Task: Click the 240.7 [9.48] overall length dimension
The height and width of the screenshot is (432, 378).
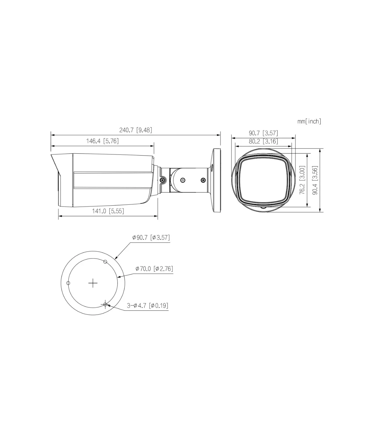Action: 135,130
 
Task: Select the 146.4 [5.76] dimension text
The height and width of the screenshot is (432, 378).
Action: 102,141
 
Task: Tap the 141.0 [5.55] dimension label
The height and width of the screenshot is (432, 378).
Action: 108,211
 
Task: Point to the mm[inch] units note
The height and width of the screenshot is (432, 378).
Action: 309,122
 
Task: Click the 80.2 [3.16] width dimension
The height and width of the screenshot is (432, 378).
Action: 263,141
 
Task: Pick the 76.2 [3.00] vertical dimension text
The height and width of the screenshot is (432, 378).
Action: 302,180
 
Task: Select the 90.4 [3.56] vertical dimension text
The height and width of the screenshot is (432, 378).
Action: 315,180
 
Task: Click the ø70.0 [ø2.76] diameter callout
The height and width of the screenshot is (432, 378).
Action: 154,269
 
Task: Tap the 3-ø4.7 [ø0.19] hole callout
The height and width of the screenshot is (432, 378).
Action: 148,305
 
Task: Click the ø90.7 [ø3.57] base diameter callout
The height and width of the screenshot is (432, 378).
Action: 151,237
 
